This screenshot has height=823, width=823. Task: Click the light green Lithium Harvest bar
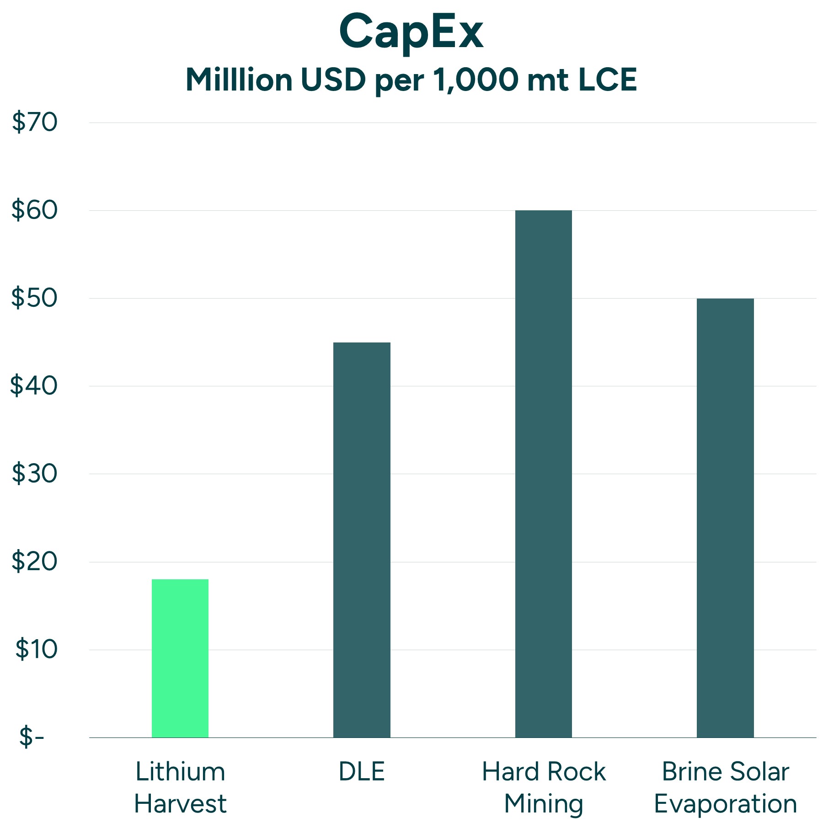(x=180, y=658)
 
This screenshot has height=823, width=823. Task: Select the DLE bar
(x=362, y=540)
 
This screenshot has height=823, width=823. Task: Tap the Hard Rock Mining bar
(x=543, y=474)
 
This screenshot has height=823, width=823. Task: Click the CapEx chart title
(x=411, y=32)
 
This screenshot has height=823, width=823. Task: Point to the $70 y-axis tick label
(x=35, y=123)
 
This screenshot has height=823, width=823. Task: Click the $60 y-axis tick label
(x=35, y=210)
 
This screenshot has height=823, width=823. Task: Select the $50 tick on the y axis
(x=35, y=298)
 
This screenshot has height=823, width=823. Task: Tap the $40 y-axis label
(x=35, y=386)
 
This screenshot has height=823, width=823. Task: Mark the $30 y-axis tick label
(x=35, y=474)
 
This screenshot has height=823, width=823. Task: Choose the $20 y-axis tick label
(x=35, y=561)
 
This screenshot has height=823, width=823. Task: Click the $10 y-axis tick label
(x=37, y=649)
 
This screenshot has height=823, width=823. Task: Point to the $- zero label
(x=32, y=737)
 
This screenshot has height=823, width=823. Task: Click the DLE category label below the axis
(x=362, y=772)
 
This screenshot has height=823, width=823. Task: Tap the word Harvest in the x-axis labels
(x=180, y=804)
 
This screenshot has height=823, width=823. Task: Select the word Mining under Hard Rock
(x=543, y=805)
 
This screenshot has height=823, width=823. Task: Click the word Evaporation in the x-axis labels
(x=725, y=805)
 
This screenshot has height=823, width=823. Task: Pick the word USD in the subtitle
(x=333, y=80)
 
